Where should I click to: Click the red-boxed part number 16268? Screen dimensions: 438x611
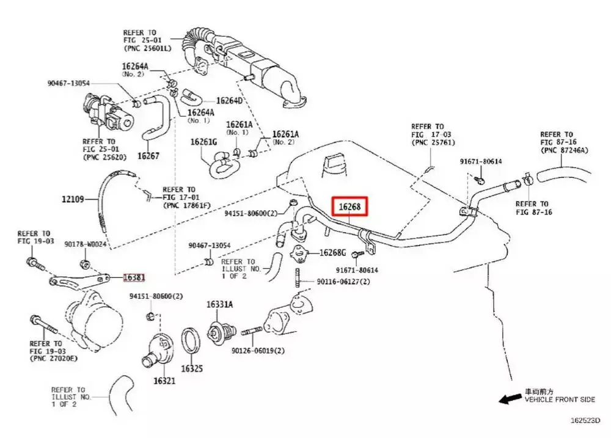coord(350,208)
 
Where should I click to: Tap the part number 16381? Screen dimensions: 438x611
coord(134,277)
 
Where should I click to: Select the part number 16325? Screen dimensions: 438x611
coord(191,369)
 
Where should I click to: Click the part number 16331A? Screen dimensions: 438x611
coord(219,305)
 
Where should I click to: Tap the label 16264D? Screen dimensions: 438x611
coord(229,101)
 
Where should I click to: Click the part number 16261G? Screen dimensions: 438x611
coord(203,142)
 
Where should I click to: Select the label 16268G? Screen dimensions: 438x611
coord(333,252)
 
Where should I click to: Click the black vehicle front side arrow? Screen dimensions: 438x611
coord(507,399)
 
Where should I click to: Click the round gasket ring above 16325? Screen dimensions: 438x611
coord(191,341)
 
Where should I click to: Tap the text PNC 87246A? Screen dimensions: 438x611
coord(566,150)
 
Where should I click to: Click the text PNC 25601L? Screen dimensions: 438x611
coord(148,48)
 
